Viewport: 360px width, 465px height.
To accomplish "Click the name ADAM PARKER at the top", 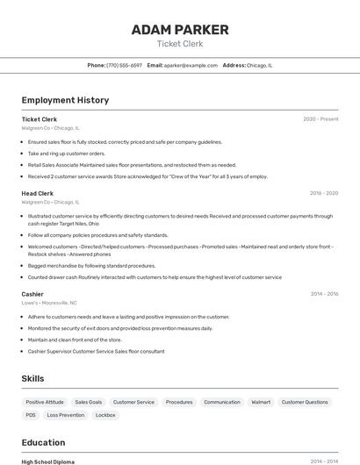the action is coord(179,30).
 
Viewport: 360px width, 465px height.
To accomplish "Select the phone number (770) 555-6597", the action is coord(124,65).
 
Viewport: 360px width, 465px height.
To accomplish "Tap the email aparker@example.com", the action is coord(191,65).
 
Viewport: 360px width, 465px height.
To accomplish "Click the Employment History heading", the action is coord(65,100).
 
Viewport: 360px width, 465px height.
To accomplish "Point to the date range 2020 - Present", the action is coord(320,118).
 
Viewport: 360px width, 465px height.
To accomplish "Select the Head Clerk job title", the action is coord(38,193).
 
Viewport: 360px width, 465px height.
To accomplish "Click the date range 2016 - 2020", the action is coord(324,193).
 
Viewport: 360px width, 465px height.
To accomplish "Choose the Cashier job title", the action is coord(32,294).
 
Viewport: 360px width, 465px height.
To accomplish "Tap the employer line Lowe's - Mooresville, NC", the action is coord(49,303).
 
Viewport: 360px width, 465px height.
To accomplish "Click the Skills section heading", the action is coord(33,379).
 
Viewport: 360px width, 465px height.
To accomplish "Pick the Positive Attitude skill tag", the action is coord(43,402).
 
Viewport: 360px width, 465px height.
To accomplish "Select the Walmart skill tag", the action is coord(261,402).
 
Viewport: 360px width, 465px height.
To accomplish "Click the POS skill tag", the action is coord(31,415).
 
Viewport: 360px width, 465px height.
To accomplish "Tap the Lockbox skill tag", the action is coord(105,415).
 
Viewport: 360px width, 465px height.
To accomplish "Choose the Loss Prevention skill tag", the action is coord(66,415).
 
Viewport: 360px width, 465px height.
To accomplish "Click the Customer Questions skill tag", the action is coord(305,402).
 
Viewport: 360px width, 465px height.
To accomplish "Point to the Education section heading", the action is coord(43,443).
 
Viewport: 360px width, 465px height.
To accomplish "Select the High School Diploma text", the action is coord(48,461).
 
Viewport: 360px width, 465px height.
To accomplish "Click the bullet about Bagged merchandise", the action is coord(91,265).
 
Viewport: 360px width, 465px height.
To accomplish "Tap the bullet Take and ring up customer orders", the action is coord(66,153).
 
